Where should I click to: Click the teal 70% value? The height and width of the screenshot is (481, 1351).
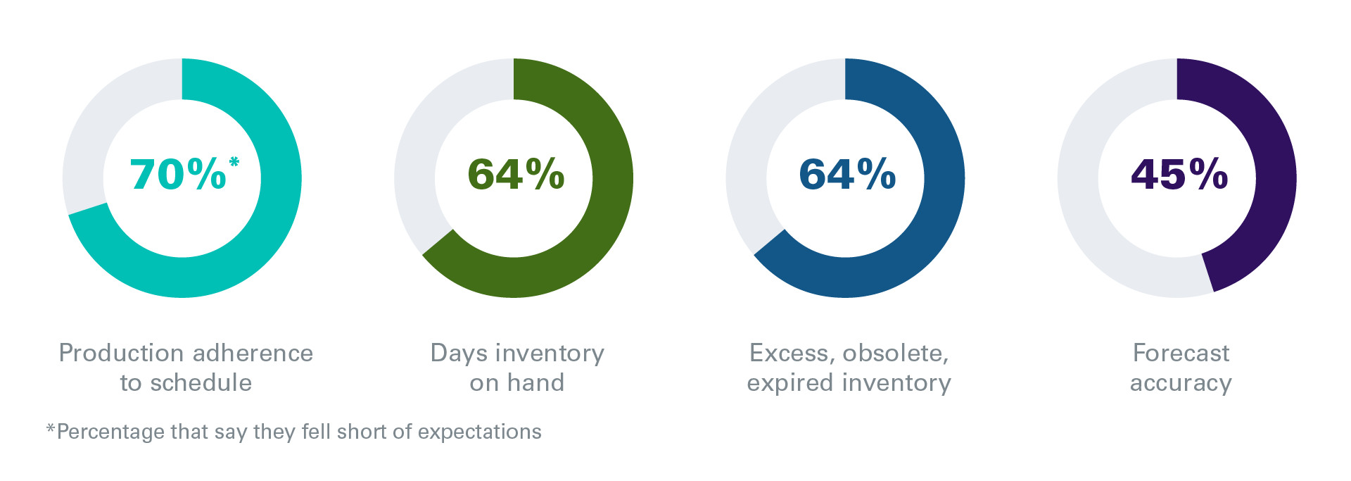pos(178,174)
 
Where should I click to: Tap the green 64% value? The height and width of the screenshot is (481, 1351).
pos(516,174)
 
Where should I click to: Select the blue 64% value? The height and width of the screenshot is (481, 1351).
pos(847,174)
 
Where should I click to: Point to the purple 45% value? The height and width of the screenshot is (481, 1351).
pos(1179,174)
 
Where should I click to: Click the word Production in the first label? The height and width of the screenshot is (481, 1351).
pos(120,353)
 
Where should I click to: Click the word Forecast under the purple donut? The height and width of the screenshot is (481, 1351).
pos(1181,353)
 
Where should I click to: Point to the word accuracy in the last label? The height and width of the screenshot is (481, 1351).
pos(1181,384)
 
